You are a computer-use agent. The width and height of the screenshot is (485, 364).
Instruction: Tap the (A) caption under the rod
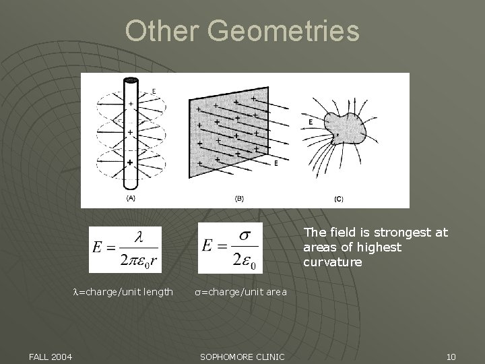click(x=130, y=198)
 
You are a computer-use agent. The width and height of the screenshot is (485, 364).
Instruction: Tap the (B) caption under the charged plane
click(x=239, y=199)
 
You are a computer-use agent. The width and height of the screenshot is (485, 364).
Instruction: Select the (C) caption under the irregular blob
click(x=338, y=199)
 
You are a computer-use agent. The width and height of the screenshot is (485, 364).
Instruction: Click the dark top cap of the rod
click(x=130, y=80)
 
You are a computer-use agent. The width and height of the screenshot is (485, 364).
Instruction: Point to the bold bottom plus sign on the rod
click(x=130, y=162)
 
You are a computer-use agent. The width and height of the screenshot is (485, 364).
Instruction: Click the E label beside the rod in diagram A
click(x=154, y=91)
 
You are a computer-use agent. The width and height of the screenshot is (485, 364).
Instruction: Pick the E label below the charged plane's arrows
click(x=276, y=163)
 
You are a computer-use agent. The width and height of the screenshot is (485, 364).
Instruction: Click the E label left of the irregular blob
click(x=310, y=121)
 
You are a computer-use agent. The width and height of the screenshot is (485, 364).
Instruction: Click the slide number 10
click(x=451, y=356)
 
